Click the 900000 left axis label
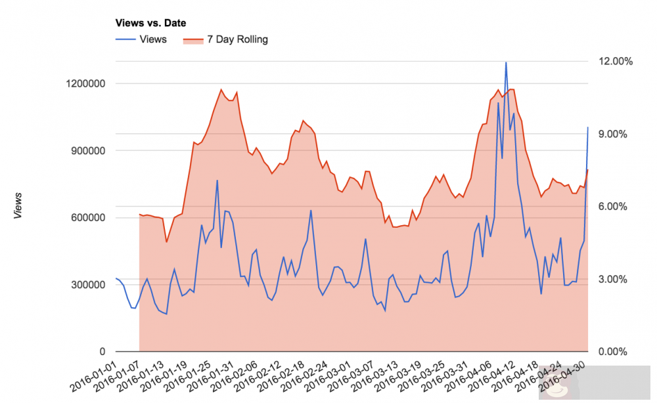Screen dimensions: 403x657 87,150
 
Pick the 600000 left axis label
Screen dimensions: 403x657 87,218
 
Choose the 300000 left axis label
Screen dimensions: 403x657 87,285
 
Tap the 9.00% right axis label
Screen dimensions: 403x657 616,134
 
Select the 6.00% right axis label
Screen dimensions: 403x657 616,207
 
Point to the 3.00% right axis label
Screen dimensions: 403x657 616,280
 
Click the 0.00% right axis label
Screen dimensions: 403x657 616,352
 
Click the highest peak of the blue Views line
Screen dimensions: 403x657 506,62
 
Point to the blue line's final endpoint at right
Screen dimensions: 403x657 588,127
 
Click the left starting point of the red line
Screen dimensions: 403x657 139,214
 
